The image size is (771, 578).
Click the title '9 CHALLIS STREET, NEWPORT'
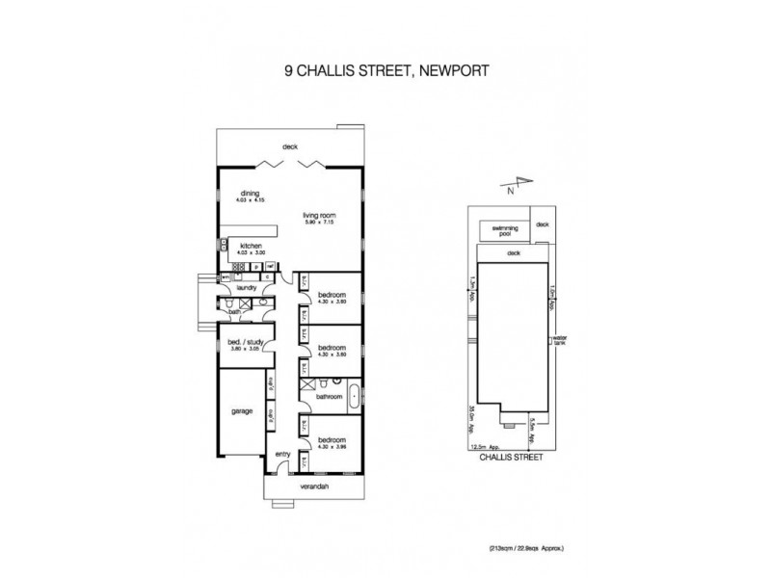(x=385, y=69)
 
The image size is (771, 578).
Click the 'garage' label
(x=241, y=411)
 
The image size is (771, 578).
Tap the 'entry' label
(x=282, y=454)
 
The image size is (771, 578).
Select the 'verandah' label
(x=314, y=487)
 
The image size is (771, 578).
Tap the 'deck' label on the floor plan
(x=289, y=146)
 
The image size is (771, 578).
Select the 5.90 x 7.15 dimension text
(x=317, y=223)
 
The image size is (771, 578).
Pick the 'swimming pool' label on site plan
(x=505, y=229)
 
